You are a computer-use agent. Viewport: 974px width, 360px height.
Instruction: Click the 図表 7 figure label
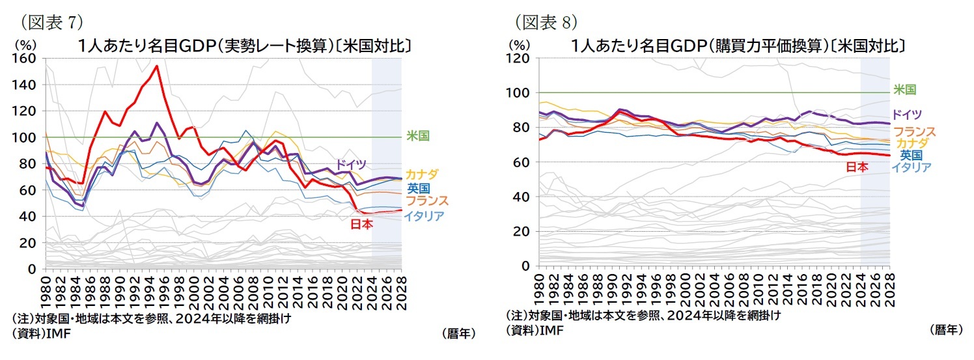51,22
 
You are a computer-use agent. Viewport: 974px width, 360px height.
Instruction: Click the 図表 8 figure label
546,22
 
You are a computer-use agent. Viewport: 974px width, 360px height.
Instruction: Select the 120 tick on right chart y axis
522,58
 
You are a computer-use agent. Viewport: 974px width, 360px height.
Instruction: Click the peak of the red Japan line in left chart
157,66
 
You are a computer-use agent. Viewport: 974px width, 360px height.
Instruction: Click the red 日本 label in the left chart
361,224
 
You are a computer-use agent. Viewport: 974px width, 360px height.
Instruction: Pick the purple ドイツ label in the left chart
352,164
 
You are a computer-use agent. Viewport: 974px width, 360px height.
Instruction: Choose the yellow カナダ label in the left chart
422,174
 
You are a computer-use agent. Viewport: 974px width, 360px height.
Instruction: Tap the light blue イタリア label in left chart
424,216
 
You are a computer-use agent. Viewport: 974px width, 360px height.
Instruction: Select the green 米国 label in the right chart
904,89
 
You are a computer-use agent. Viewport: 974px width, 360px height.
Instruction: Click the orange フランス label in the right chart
914,132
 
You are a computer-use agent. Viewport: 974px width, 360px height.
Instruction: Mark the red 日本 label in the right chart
857,167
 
